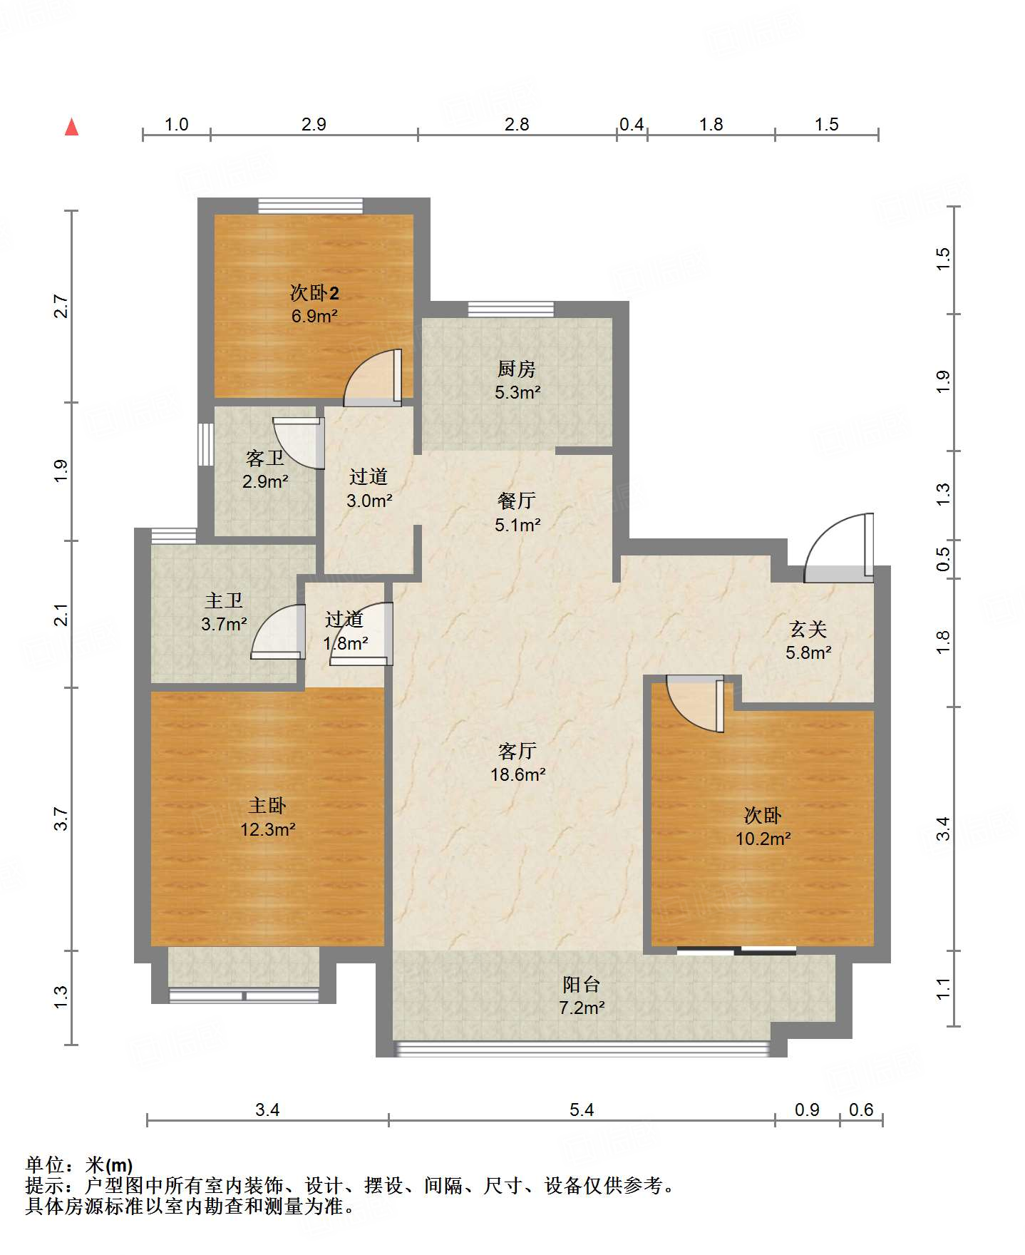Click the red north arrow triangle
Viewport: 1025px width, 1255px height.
[x=71, y=127]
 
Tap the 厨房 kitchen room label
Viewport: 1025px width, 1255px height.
[x=517, y=369]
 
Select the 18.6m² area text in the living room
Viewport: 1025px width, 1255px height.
[x=518, y=774]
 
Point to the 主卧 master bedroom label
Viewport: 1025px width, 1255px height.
[x=267, y=806]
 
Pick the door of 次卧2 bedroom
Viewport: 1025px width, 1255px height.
[x=373, y=377]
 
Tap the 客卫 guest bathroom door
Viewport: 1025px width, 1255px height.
[x=299, y=443]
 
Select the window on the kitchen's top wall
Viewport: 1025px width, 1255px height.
[x=510, y=309]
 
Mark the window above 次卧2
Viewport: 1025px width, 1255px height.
[x=310, y=205]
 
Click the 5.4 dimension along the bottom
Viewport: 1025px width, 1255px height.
[x=582, y=1110]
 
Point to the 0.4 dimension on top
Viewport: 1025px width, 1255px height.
[x=632, y=125]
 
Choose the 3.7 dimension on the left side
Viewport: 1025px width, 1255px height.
[x=61, y=819]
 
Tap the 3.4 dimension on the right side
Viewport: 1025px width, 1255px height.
[x=943, y=829]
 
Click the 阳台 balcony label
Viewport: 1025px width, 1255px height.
[x=582, y=985]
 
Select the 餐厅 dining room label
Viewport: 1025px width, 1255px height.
[x=517, y=501]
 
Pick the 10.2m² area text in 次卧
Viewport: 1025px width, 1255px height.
[x=763, y=839]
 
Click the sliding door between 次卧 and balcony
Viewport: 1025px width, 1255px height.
[x=736, y=951]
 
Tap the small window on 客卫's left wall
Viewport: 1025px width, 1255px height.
[x=206, y=445]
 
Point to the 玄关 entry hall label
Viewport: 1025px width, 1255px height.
[x=808, y=629]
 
